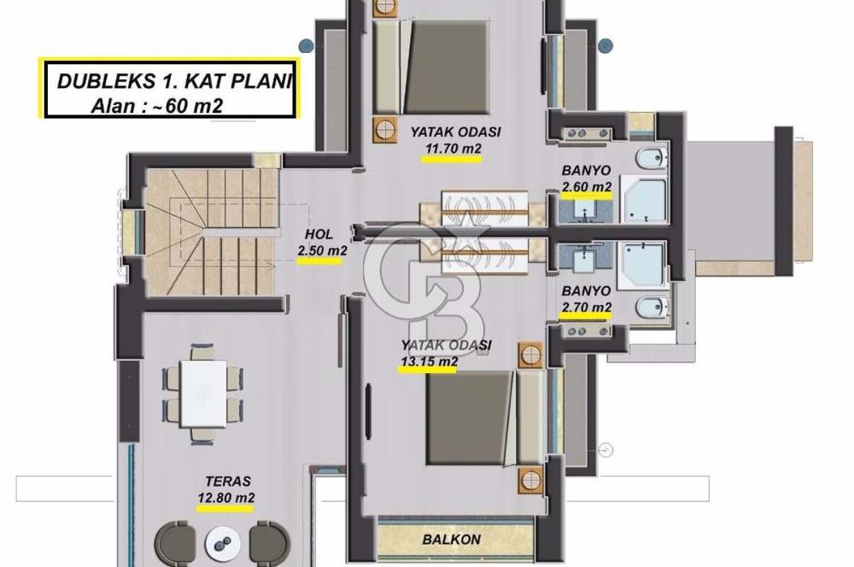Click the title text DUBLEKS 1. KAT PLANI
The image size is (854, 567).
pos(174,81)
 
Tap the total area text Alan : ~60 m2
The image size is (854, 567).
pos(157,105)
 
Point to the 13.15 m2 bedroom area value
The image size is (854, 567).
pos(430,361)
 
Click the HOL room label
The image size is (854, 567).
pos(319,235)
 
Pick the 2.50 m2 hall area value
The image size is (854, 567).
pos(322,251)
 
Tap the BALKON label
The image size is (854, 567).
pos(452,539)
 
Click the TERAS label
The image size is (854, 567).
pos(228,482)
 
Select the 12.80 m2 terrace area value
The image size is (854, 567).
pos(226,498)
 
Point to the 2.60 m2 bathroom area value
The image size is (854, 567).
pos(587,187)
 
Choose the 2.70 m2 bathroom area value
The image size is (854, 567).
pos(586,307)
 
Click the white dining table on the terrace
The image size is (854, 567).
pos(203,394)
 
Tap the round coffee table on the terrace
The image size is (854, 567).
pos(222,543)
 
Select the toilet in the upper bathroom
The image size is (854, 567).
pos(650,159)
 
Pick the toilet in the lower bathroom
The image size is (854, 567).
pos(651,307)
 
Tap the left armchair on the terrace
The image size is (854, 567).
pos(175,543)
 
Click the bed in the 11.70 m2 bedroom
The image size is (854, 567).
pos(430,67)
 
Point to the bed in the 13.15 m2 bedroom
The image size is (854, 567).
pos(483,418)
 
